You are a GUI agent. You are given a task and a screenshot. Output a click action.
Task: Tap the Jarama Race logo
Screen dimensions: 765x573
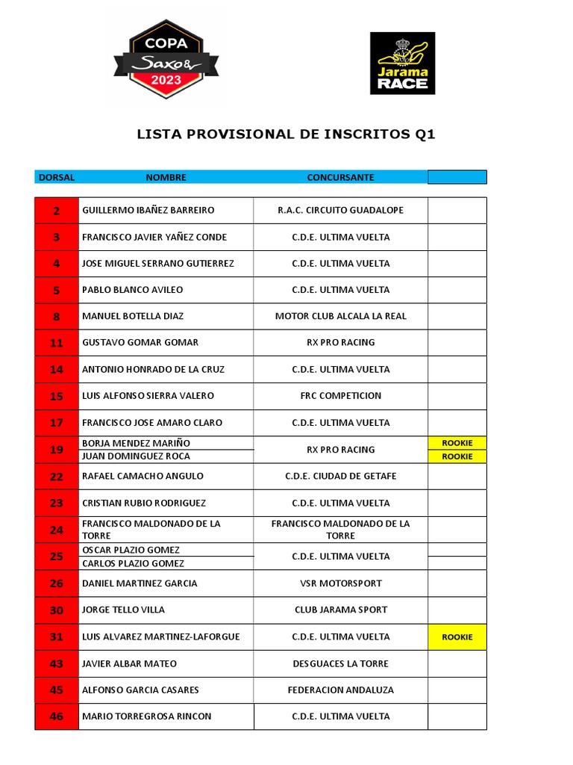[402, 64]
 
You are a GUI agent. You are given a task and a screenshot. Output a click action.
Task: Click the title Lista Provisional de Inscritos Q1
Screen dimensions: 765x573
[286, 134]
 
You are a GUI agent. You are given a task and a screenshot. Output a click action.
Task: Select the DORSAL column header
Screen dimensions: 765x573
[57, 177]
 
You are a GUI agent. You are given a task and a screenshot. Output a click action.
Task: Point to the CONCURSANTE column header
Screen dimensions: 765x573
[340, 177]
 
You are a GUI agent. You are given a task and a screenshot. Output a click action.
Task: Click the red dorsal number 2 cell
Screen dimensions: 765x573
[57, 211]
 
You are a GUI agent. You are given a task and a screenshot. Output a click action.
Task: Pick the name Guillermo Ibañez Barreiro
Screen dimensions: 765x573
[148, 211]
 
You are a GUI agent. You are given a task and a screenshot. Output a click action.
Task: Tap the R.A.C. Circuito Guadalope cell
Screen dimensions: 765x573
[340, 211]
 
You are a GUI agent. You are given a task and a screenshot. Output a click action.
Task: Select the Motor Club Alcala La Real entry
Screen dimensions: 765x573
[340, 316]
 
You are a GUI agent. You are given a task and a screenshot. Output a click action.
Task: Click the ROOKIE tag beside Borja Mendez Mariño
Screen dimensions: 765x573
[457, 443]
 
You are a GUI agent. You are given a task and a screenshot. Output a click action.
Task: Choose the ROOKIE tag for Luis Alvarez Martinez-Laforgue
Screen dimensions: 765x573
[457, 637]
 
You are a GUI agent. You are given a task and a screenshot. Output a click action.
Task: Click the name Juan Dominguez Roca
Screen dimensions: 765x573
[136, 456]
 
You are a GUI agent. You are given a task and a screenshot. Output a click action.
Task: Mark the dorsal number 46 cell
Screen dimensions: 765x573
[57, 716]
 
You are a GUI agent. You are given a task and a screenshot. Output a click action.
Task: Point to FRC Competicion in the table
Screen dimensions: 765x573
[340, 396]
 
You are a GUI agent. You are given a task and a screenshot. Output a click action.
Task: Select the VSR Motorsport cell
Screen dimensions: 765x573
[340, 583]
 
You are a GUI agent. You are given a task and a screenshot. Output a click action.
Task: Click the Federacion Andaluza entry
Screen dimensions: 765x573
[340, 690]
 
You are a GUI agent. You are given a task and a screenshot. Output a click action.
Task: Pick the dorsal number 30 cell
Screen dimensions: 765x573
[57, 610]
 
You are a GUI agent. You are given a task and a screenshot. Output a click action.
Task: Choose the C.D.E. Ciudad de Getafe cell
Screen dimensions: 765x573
[340, 477]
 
